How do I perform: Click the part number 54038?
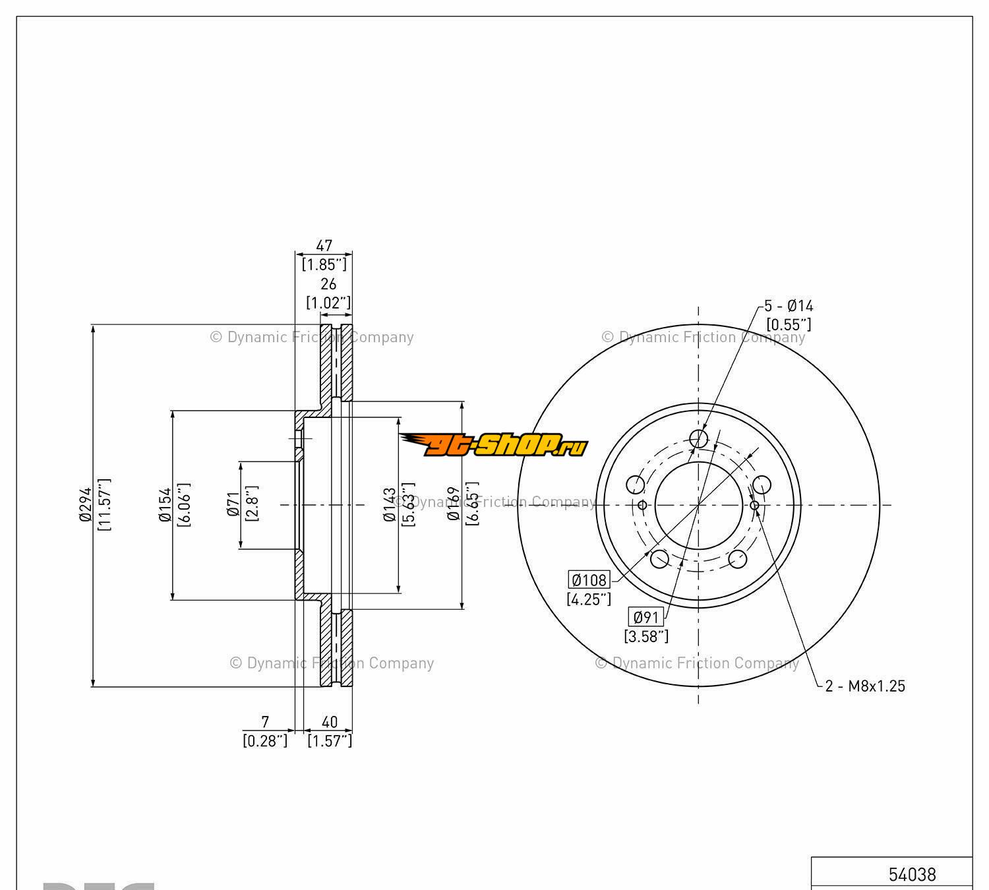[x=912, y=874]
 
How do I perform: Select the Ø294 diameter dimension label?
[x=86, y=505]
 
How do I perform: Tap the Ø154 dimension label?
[x=165, y=505]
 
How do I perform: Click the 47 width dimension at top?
[x=324, y=246]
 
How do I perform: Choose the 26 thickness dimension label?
[x=328, y=283]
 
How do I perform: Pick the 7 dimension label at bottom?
[x=265, y=722]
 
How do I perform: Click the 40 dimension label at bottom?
[x=329, y=722]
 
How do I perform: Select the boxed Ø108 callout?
[x=589, y=579]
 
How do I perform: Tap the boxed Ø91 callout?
[x=645, y=617]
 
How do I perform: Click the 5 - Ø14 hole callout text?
[x=789, y=306]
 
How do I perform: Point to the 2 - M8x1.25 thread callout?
[x=865, y=686]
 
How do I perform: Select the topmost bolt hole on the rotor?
[x=698, y=438]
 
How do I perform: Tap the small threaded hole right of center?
[x=755, y=505]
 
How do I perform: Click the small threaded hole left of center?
[x=643, y=505]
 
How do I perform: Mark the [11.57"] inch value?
[x=104, y=505]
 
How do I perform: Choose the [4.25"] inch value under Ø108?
[x=589, y=599]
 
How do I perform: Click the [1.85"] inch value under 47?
[x=324, y=264]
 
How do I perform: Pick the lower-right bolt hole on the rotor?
[x=738, y=558]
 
